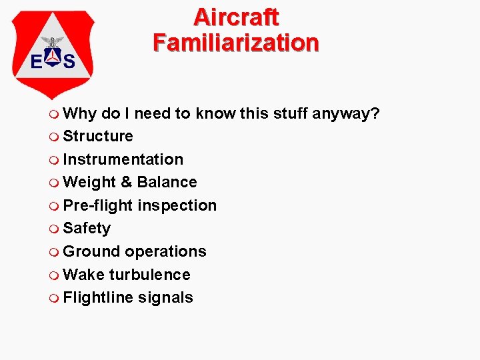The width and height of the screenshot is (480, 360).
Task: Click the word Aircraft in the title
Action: click(x=236, y=17)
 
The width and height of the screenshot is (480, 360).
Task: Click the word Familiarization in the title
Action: click(x=236, y=42)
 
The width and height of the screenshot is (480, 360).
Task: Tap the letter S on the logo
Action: click(x=68, y=61)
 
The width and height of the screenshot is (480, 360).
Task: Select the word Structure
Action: click(x=98, y=137)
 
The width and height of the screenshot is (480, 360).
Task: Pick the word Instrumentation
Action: click(x=123, y=159)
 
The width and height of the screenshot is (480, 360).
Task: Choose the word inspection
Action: click(x=177, y=205)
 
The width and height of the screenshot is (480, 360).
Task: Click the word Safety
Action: click(x=87, y=228)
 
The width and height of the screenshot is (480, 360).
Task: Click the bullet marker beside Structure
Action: click(x=54, y=137)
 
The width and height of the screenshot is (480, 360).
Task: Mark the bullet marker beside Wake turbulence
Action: click(x=54, y=275)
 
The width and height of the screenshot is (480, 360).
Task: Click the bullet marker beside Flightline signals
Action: click(x=54, y=297)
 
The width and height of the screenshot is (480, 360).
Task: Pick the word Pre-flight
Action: click(x=98, y=205)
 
